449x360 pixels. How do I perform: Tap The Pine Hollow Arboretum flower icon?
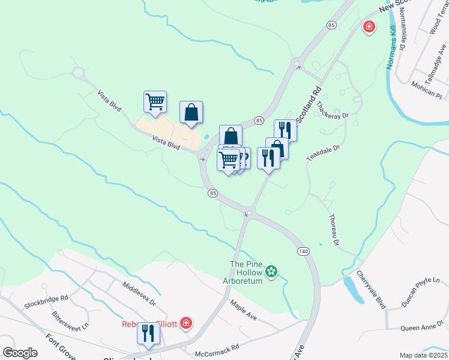point(271,272)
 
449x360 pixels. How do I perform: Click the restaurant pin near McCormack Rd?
point(148,334)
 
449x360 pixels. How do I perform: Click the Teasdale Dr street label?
point(324,151)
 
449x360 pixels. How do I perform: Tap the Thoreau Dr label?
point(334,230)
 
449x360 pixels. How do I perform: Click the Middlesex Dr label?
point(139,294)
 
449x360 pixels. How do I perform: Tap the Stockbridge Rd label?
point(46,301)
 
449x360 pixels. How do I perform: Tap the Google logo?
point(20,353)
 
